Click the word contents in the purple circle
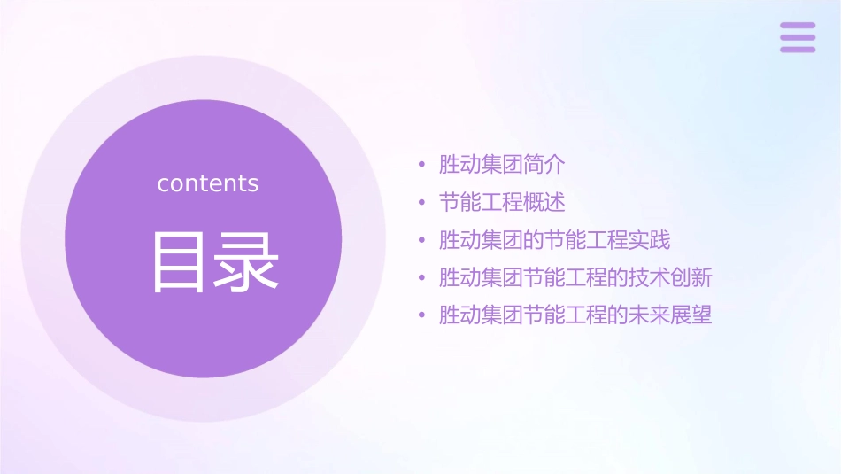click(208, 183)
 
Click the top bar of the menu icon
click(798, 26)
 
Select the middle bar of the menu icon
click(798, 37)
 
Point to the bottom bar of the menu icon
click(798, 49)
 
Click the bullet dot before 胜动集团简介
click(422, 165)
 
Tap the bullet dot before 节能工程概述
click(422, 203)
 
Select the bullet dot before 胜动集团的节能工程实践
click(422, 240)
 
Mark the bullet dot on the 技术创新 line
click(422, 278)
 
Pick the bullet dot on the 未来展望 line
click(422, 315)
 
